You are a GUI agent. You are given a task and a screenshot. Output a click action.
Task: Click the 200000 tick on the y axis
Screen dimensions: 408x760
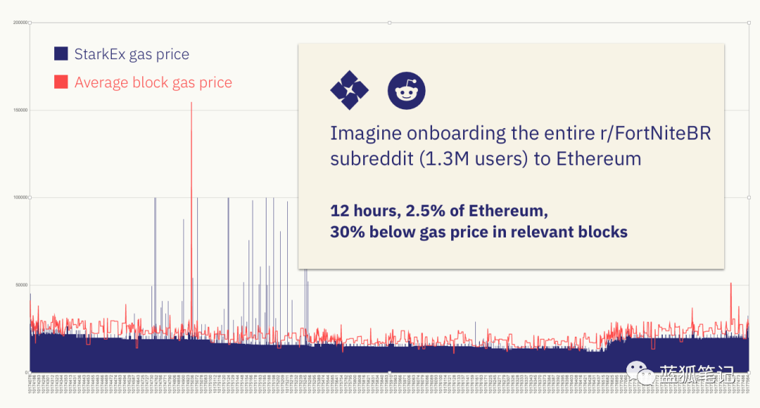[x=20, y=23]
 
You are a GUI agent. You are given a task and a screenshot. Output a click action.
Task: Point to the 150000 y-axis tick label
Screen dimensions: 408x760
[x=20, y=110]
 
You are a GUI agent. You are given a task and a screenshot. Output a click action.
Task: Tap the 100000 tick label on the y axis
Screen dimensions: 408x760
[x=20, y=197]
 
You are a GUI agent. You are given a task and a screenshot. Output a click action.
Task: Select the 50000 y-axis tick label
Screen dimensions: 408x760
[x=21, y=285]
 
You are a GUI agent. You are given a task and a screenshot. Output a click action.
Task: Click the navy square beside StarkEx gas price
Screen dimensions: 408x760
[x=61, y=54]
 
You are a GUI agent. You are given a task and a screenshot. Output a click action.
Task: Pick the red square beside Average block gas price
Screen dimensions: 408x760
[x=61, y=82]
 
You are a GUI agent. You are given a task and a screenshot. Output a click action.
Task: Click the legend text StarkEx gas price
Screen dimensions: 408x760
[x=132, y=54]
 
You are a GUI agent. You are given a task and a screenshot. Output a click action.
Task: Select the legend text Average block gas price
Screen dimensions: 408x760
[x=153, y=82]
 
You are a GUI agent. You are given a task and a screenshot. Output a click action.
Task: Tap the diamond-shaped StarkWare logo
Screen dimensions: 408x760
[x=349, y=90]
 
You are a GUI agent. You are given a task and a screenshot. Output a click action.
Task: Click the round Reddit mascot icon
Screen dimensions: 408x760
[x=406, y=90]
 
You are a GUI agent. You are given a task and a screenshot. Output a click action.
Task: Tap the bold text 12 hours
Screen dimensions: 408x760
[x=363, y=210]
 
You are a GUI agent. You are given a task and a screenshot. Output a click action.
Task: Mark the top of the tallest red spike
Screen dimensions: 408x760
[x=191, y=103]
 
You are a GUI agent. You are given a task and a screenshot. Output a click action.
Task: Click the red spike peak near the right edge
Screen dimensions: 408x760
[x=731, y=283]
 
